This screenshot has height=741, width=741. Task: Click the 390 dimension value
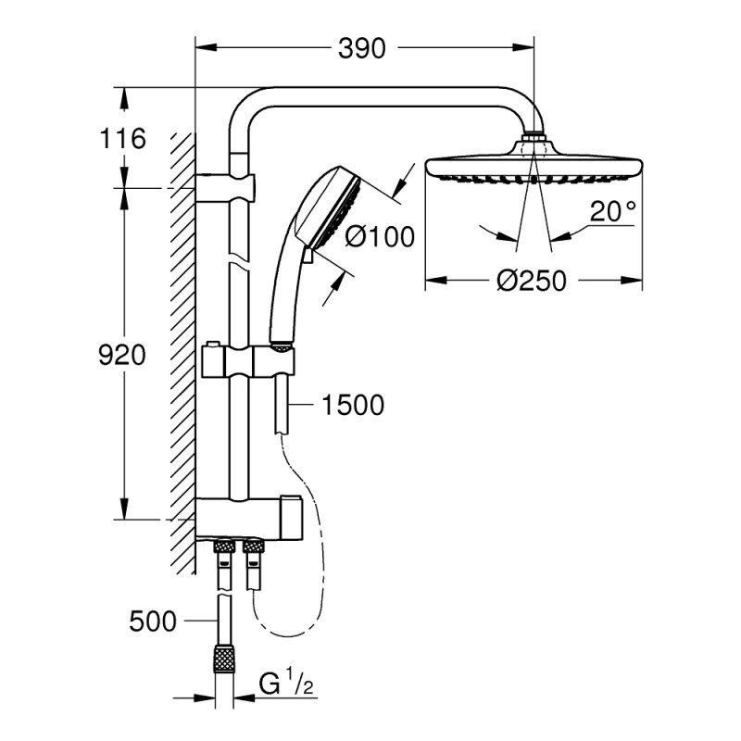(x=361, y=48)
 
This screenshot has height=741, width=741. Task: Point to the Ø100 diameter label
(x=379, y=238)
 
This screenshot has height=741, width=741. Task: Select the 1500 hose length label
(x=353, y=405)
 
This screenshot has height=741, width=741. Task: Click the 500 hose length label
(x=153, y=622)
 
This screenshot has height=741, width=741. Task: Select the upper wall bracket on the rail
(x=227, y=183)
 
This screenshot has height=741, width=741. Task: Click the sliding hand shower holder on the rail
(x=248, y=359)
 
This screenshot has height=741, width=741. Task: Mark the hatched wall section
(x=182, y=352)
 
